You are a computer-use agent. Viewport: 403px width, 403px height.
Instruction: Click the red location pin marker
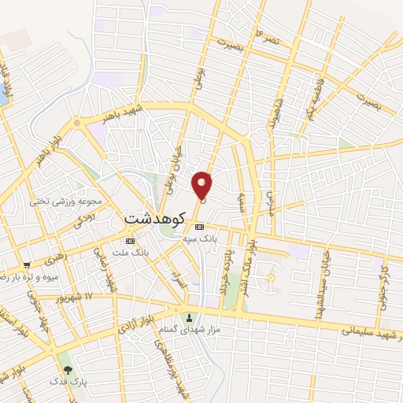202,185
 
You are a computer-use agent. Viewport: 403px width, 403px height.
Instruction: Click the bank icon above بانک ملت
131,241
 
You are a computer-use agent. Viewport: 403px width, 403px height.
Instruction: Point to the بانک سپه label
198,238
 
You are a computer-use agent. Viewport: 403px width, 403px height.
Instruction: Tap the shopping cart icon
28,265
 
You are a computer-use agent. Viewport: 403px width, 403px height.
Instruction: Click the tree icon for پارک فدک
68,370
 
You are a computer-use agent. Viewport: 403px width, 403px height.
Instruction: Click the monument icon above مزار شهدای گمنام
189,319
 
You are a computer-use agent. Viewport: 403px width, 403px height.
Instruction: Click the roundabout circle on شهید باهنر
76,123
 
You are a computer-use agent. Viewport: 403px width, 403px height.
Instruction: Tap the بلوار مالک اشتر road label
251,253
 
